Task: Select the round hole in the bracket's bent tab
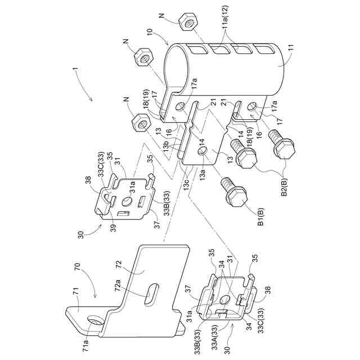[94, 320]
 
